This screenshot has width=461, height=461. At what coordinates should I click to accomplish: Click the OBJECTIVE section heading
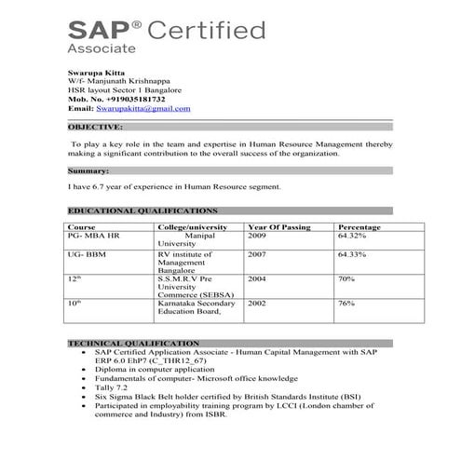95,126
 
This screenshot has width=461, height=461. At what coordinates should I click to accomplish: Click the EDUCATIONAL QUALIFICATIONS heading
142,211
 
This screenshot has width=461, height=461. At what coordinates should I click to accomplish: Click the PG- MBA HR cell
94,237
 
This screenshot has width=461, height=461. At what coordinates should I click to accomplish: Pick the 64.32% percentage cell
352,237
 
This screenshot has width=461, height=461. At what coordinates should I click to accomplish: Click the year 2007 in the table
257,253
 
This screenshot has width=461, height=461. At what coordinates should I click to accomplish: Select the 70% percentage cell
346,278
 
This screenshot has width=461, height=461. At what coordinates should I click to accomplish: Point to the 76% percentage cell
346,303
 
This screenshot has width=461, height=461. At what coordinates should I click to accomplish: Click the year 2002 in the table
257,303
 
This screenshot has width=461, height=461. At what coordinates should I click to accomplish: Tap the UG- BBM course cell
86,253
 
